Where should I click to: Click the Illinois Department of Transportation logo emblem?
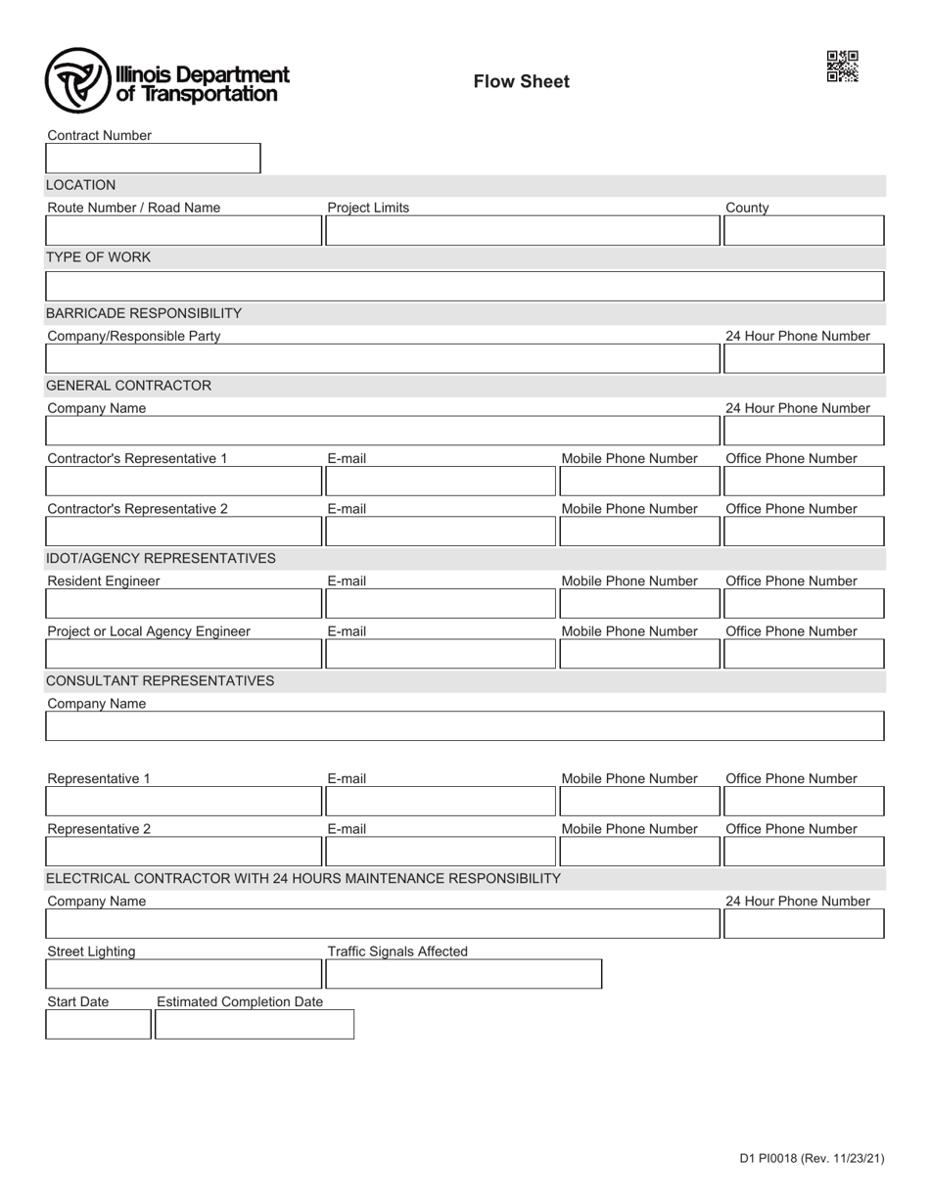(77, 80)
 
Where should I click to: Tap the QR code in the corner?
(842, 67)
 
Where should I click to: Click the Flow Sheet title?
(521, 82)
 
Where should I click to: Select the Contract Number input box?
(153, 159)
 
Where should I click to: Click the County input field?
(803, 231)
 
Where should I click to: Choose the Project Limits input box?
(523, 231)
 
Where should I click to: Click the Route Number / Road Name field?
(183, 231)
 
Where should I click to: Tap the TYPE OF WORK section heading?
(98, 257)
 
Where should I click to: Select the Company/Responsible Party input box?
(382, 359)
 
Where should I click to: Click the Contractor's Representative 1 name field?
(183, 482)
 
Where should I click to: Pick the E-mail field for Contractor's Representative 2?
(441, 532)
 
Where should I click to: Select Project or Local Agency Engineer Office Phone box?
(803, 654)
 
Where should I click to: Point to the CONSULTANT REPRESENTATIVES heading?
(160, 681)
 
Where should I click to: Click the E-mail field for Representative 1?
(441, 802)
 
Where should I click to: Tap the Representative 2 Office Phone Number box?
(803, 852)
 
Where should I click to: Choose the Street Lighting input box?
(183, 974)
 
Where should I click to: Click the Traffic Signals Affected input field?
(463, 974)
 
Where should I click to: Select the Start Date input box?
(98, 1024)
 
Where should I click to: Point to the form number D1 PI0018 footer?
(812, 1159)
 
